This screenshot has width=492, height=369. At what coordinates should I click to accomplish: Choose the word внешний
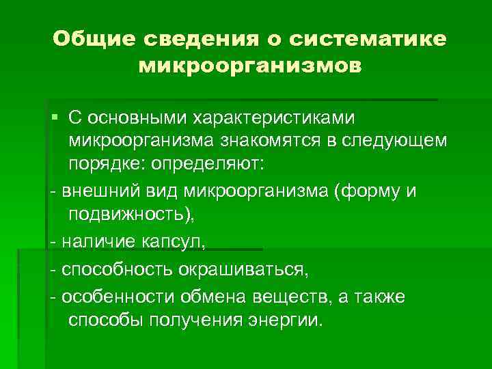(x=97, y=191)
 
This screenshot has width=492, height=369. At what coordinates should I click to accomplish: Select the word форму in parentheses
(x=370, y=191)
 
